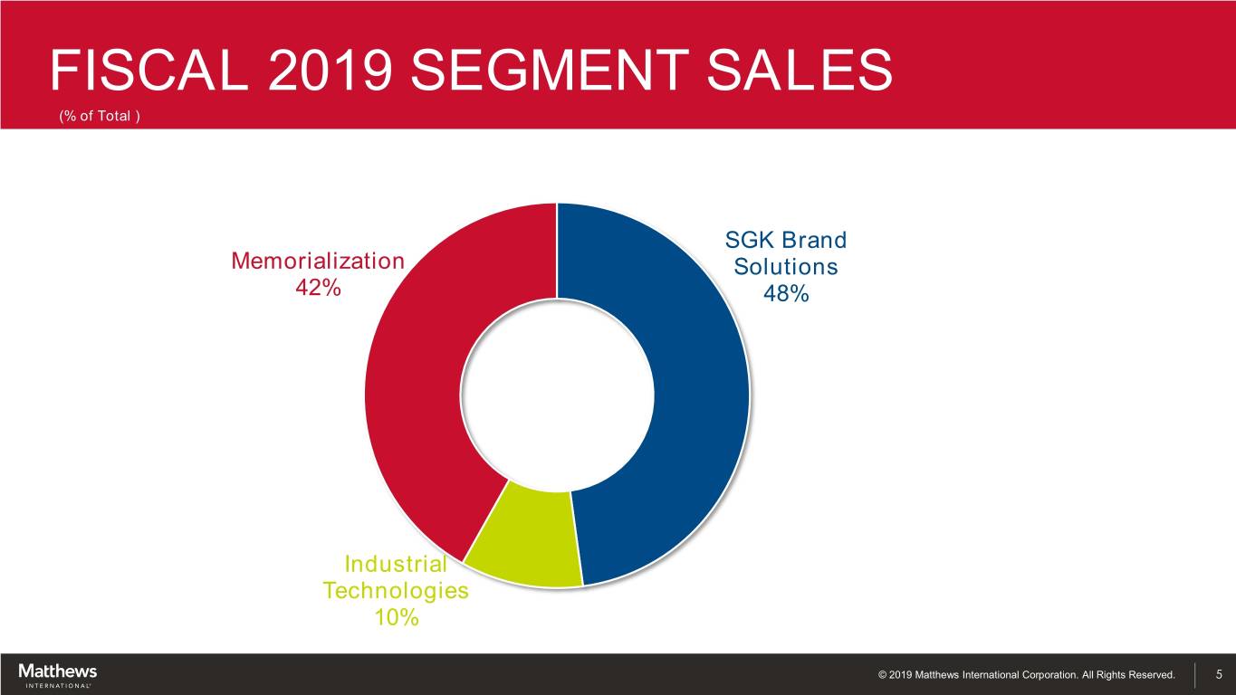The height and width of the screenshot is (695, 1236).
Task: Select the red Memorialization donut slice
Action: click(x=417, y=380)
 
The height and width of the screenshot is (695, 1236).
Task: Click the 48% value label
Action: click(x=786, y=294)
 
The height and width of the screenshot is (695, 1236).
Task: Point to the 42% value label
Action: click(x=319, y=288)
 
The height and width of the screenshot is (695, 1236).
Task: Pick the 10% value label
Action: click(x=396, y=618)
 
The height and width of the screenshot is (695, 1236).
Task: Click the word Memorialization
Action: click(x=318, y=262)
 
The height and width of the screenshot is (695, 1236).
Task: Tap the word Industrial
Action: click(x=396, y=565)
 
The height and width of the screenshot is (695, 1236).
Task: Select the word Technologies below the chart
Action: click(x=396, y=591)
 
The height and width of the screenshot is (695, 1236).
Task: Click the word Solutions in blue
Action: click(x=786, y=268)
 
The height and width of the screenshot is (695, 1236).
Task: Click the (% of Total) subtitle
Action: click(x=100, y=116)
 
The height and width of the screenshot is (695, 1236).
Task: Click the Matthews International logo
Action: click(x=57, y=675)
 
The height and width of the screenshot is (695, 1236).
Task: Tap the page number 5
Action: click(x=1219, y=674)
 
